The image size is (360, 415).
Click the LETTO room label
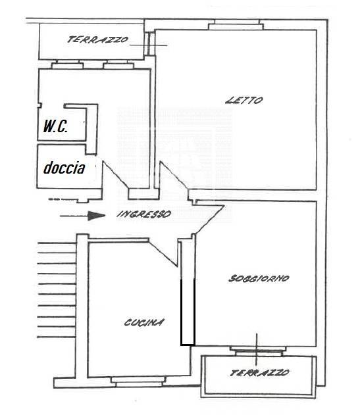point(244,100)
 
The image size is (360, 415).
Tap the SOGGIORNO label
point(259,278)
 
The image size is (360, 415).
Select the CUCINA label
point(144,322)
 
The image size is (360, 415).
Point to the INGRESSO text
point(144,214)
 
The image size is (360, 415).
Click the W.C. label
point(55,126)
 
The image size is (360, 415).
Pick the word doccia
point(64,168)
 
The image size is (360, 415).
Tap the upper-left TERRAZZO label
point(97,39)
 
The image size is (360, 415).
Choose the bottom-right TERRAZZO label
point(259,373)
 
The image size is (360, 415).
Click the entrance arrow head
point(97,216)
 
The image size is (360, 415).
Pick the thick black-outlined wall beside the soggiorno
point(188,312)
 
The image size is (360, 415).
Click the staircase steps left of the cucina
point(57,290)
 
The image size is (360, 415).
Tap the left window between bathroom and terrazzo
point(67,64)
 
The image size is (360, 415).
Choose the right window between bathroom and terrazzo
point(118,64)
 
